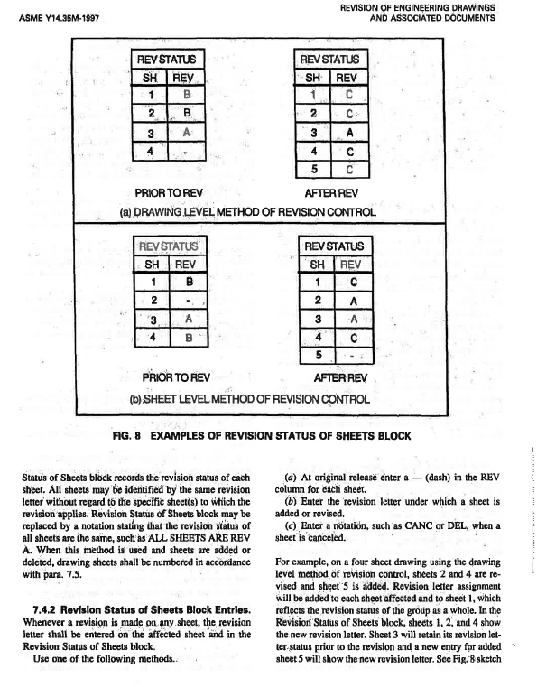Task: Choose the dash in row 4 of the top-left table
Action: [x=187, y=151]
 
